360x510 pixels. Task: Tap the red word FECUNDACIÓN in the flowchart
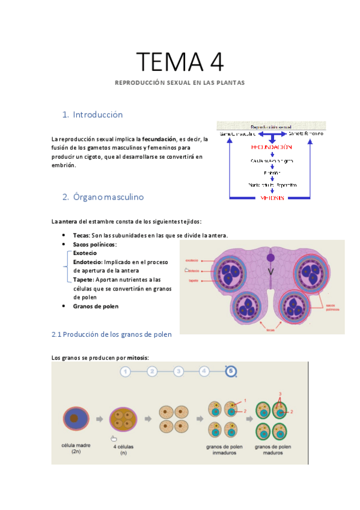pyautogui.click(x=272, y=147)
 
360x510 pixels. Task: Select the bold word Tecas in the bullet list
pyautogui.click(x=81, y=235)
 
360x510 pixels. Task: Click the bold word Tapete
pyautogui.click(x=84, y=280)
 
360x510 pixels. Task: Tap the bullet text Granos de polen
pyautogui.click(x=96, y=306)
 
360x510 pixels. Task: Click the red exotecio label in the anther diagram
pyautogui.click(x=192, y=260)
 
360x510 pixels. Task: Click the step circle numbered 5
pyautogui.click(x=231, y=372)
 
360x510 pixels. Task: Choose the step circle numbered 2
pyautogui.click(x=152, y=372)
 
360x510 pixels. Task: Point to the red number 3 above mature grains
pyautogui.click(x=279, y=394)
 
